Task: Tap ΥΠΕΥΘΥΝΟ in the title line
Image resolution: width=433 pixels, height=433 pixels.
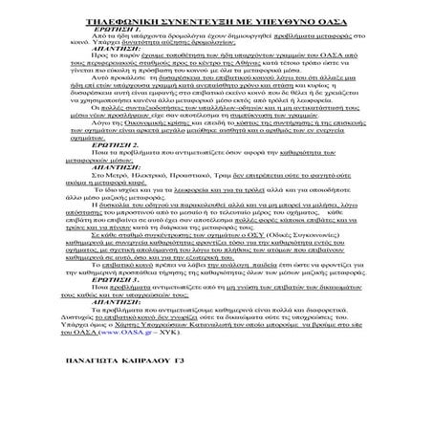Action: [x=271, y=19]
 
